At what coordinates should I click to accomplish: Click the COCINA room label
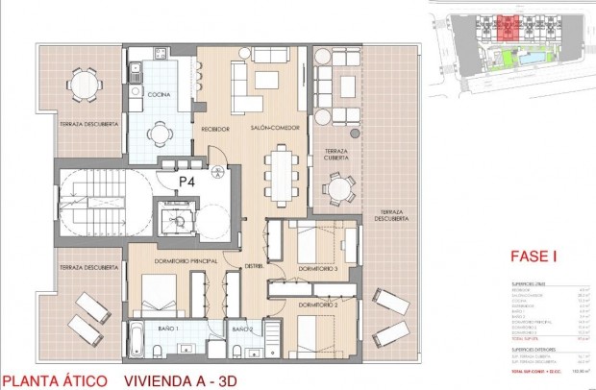tap(159, 94)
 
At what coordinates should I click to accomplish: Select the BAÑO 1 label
tap(169, 329)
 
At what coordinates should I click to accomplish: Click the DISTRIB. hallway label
tap(254, 266)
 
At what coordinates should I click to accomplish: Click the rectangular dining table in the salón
tap(282, 170)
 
